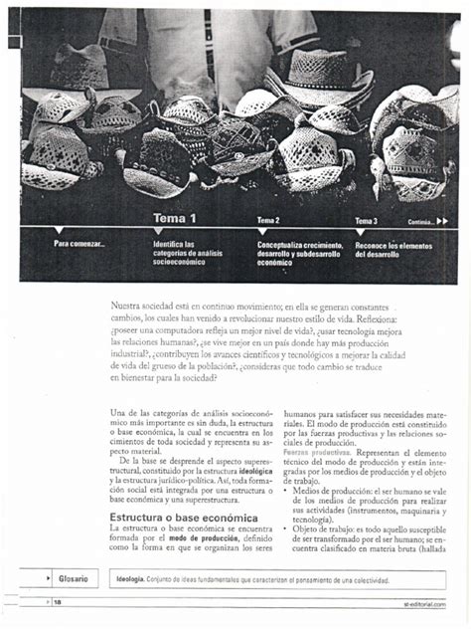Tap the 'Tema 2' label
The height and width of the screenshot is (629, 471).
click(268, 221)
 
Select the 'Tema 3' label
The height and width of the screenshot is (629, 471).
click(367, 221)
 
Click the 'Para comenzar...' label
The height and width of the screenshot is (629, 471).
click(78, 244)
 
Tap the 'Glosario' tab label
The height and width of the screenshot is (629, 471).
click(73, 579)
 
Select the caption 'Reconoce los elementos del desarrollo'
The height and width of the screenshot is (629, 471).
click(393, 249)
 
